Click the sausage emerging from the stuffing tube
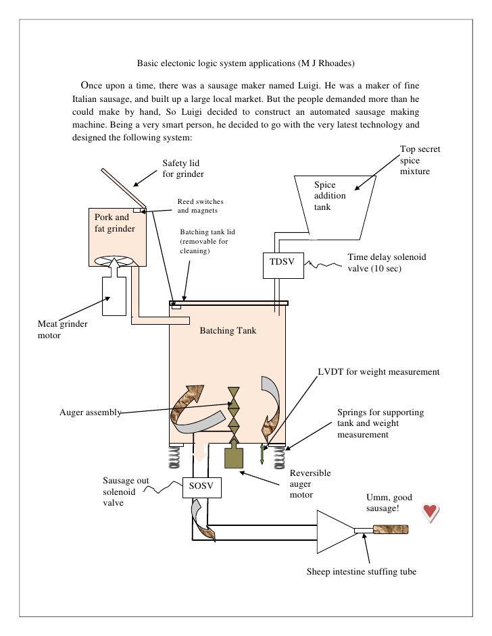(x=389, y=529)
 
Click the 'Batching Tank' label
(x=228, y=332)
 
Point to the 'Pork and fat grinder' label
(x=114, y=223)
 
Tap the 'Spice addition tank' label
(x=330, y=196)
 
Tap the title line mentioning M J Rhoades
(x=245, y=63)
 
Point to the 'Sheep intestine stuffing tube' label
(x=361, y=571)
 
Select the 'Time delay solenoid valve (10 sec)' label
(x=387, y=262)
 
